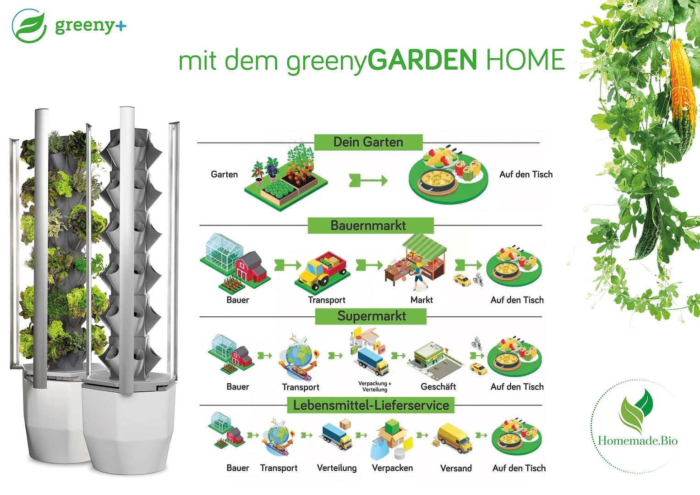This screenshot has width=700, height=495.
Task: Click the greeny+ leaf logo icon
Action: click(29, 26)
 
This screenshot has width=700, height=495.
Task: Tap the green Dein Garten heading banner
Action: click(368, 142)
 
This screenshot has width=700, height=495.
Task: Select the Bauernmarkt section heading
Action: click(371, 225)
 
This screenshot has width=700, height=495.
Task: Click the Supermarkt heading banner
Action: click(371, 316)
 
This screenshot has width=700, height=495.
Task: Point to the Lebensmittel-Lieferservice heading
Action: click(371, 405)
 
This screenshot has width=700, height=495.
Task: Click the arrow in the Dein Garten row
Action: click(368, 181)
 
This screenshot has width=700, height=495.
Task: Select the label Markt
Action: click(421, 300)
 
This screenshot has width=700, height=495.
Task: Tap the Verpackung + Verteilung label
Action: click(375, 386)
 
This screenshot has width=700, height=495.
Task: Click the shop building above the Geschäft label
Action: click(435, 361)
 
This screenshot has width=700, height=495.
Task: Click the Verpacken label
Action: click(393, 468)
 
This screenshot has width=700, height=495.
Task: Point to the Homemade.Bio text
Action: click(638, 441)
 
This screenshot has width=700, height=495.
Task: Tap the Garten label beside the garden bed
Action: click(224, 174)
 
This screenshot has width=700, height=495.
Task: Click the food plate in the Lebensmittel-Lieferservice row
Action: click(517, 437)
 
